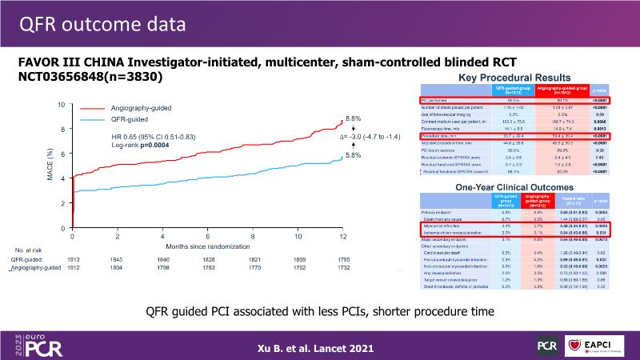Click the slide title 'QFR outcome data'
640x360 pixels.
click(95, 25)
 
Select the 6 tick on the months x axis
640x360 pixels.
click(207, 238)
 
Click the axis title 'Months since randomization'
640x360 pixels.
click(208, 250)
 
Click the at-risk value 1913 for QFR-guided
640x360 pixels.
click(73, 260)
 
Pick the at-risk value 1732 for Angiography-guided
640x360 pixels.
click(343, 270)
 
